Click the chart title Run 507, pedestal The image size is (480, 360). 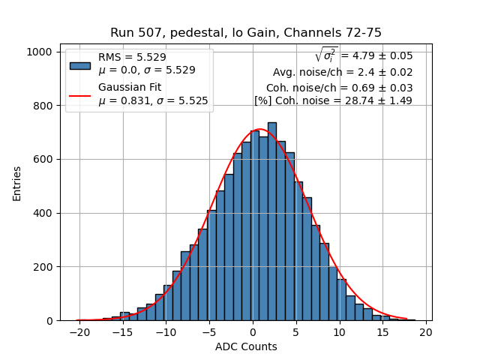point(246,32)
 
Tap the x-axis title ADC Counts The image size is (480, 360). point(246,346)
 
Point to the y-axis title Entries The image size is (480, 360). point(16,183)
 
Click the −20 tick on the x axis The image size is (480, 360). point(79,331)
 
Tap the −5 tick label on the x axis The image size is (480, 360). point(209,331)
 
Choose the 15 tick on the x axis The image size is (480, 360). point(383,331)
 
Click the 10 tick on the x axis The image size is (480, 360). point(340,331)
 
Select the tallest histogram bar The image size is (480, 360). point(271,221)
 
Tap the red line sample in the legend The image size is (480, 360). point(80,95)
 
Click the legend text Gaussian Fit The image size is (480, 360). point(130,88)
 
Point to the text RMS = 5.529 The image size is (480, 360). point(132,57)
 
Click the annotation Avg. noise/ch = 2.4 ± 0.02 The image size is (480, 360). point(342,73)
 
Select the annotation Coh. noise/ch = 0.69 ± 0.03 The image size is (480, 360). point(339,88)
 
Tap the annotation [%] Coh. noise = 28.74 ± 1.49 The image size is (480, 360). point(333,100)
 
